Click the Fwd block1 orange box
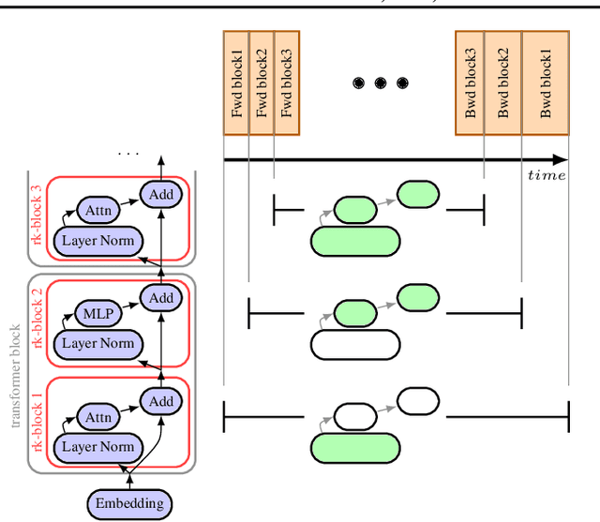pyautogui.click(x=236, y=82)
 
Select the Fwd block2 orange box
pyautogui.click(x=262, y=82)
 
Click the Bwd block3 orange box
pyautogui.click(x=471, y=82)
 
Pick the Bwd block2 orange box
pyautogui.click(x=503, y=82)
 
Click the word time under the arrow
pyautogui.click(x=547, y=175)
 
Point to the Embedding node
pyautogui.click(x=130, y=503)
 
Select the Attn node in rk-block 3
pyautogui.click(x=98, y=211)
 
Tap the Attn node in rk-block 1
pyautogui.click(x=97, y=416)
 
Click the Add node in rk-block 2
pyautogui.click(x=161, y=298)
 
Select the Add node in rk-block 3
pyautogui.click(x=160, y=195)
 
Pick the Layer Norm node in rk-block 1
pyautogui.click(x=97, y=446)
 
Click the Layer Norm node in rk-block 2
pyautogui.click(x=97, y=343)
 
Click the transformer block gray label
pyautogui.click(x=14, y=376)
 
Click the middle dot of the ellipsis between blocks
pyautogui.click(x=381, y=83)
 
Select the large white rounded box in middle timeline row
pyautogui.click(x=353, y=344)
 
